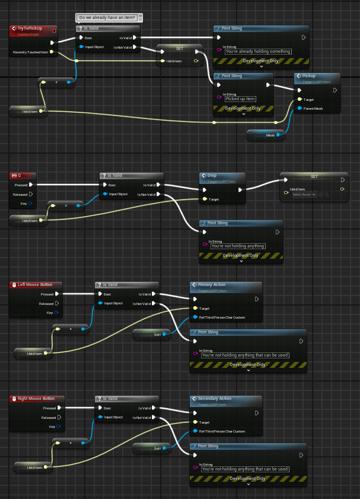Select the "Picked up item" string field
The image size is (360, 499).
point(240,98)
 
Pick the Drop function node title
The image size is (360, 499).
point(212,176)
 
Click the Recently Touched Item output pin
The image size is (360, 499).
point(53,52)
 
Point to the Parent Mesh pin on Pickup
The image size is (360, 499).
point(300,109)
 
